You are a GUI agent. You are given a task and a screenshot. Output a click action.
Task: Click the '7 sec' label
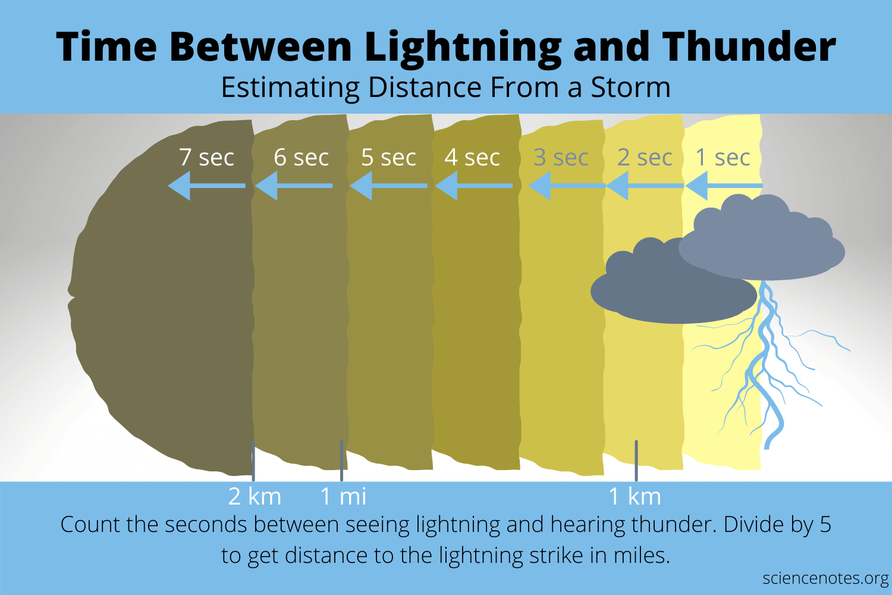pos(206,158)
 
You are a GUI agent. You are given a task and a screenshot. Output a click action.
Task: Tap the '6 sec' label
pos(301,158)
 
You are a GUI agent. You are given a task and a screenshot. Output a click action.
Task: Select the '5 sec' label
pos(388,158)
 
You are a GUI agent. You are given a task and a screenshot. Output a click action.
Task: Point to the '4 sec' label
pos(472,158)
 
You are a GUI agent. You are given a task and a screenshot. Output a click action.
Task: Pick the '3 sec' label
pos(561,158)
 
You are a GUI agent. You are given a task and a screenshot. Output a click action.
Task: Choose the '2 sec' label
pos(645,158)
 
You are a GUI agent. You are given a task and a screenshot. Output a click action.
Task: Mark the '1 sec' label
pos(723,158)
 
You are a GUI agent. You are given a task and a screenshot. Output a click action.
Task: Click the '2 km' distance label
pos(255,496)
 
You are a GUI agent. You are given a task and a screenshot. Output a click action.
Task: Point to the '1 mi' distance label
pos(343,496)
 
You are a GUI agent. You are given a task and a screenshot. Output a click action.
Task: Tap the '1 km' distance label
pos(635,496)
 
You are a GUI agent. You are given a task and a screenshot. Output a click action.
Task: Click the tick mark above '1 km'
pos(636,460)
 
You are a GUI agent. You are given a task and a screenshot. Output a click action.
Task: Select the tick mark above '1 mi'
pos(341,460)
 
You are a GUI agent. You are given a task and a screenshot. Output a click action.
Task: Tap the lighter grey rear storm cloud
pos(767,244)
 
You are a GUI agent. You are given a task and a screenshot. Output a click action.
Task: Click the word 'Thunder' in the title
pos(749,46)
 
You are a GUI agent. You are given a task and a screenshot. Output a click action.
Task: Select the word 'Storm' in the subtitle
pos(630,87)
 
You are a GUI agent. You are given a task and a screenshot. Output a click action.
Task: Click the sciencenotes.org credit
pos(825,578)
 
